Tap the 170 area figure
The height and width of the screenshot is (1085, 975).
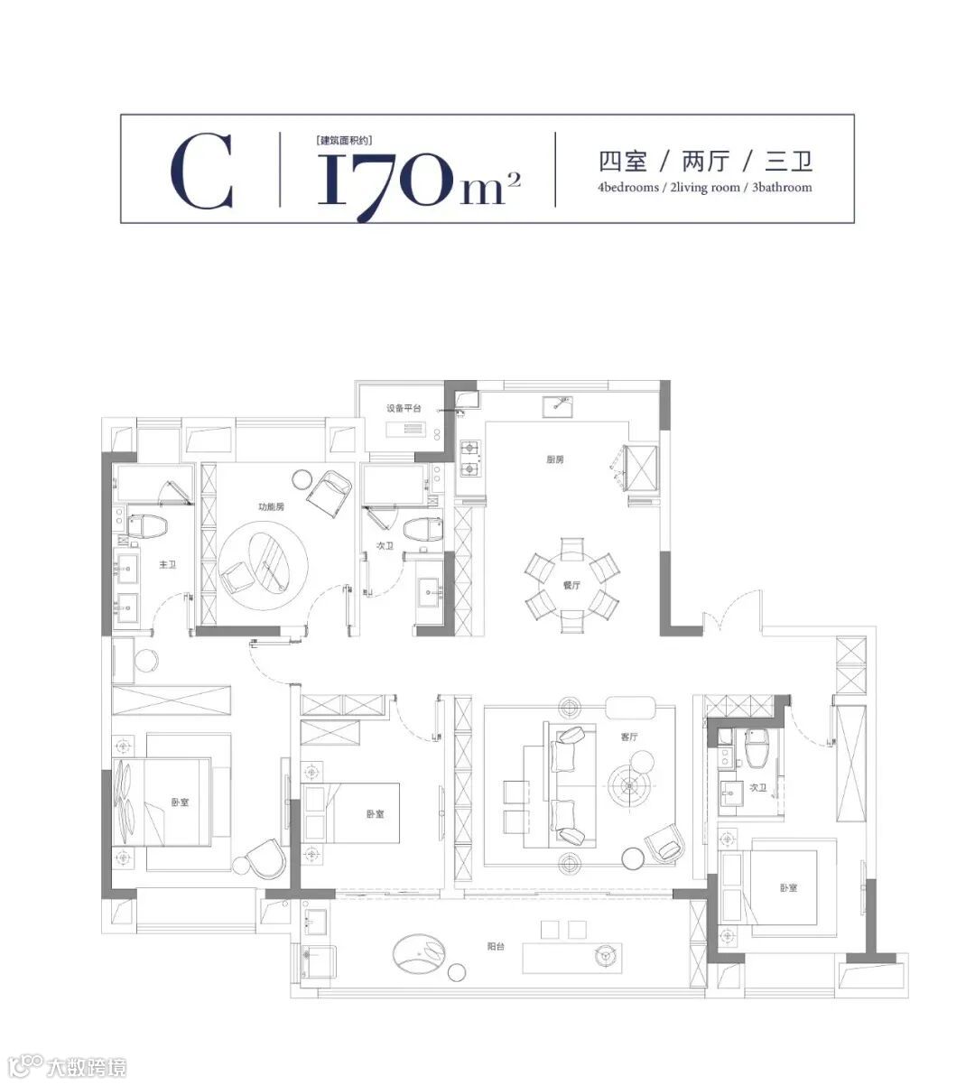coord(384,180)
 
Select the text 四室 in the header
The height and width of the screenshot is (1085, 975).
coord(623,162)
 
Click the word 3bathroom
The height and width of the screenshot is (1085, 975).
coord(782,188)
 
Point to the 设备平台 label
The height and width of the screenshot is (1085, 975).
coord(404,408)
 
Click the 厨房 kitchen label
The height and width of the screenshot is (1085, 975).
coord(555,459)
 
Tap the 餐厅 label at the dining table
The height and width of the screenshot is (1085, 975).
coord(571,585)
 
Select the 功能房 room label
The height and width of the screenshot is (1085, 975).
coord(271,506)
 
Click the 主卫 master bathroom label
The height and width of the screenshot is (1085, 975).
coord(167,564)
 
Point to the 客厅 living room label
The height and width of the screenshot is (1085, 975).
coord(629,737)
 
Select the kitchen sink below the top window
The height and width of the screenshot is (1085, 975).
coord(557,406)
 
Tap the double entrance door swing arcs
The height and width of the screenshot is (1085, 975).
coord(732,609)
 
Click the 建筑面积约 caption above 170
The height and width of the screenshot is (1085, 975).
coord(344,141)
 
